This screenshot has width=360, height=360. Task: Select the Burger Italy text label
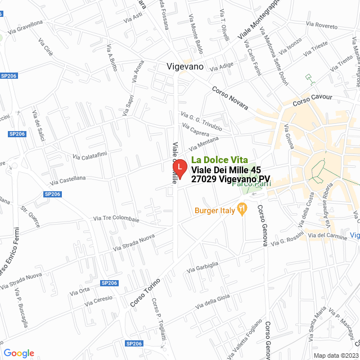point(214,211)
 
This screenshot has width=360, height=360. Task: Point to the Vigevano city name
point(185,66)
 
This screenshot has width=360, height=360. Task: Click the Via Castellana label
point(67,180)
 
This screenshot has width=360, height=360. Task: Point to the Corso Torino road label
point(145,292)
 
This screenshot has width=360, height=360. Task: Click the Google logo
point(19,353)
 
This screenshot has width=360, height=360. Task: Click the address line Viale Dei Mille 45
point(226,170)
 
